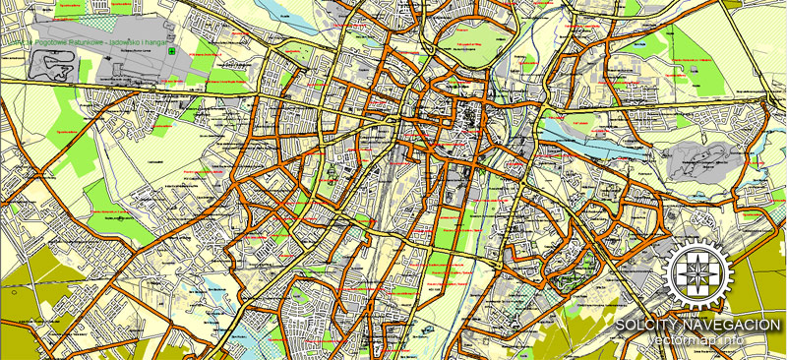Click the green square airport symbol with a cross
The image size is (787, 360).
173,51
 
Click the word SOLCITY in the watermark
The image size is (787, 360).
646,325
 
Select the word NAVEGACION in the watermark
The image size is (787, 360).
729,325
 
